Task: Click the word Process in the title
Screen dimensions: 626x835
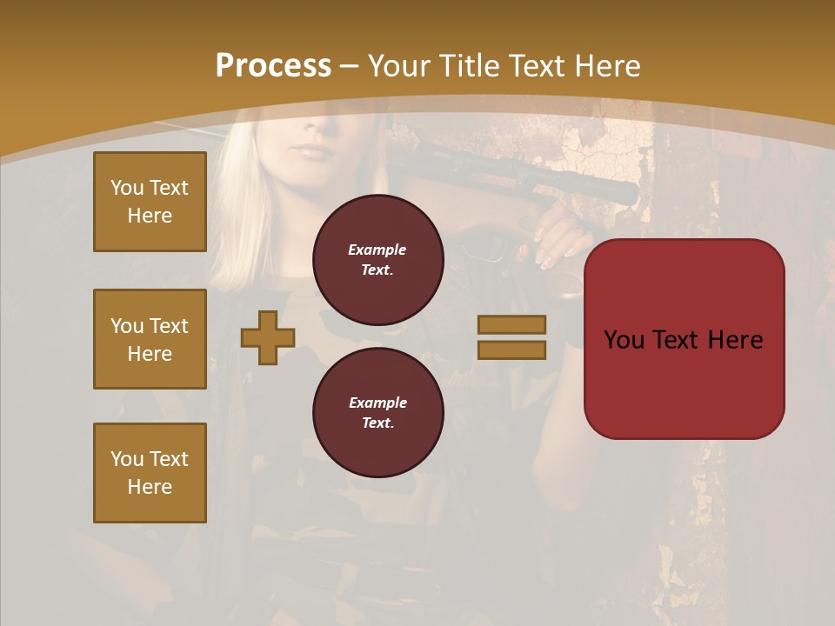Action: [273, 66]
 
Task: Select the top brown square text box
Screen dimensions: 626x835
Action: [150, 202]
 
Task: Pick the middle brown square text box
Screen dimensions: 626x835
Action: [150, 339]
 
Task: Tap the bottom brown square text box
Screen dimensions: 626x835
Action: [150, 473]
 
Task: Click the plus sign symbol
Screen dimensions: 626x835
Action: [268, 338]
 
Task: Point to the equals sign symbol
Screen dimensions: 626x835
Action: [511, 337]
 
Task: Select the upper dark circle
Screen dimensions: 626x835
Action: [377, 259]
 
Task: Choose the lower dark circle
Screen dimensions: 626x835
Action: [377, 412]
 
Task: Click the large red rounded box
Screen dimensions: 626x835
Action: [684, 338]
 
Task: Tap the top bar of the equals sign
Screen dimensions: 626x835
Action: [511, 324]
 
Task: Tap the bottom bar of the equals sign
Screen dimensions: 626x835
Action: [511, 350]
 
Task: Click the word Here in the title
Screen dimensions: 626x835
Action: [605, 66]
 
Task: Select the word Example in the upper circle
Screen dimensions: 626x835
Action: [377, 250]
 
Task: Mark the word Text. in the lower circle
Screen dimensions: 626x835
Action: [377, 423]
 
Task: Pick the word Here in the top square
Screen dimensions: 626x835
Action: [150, 216]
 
